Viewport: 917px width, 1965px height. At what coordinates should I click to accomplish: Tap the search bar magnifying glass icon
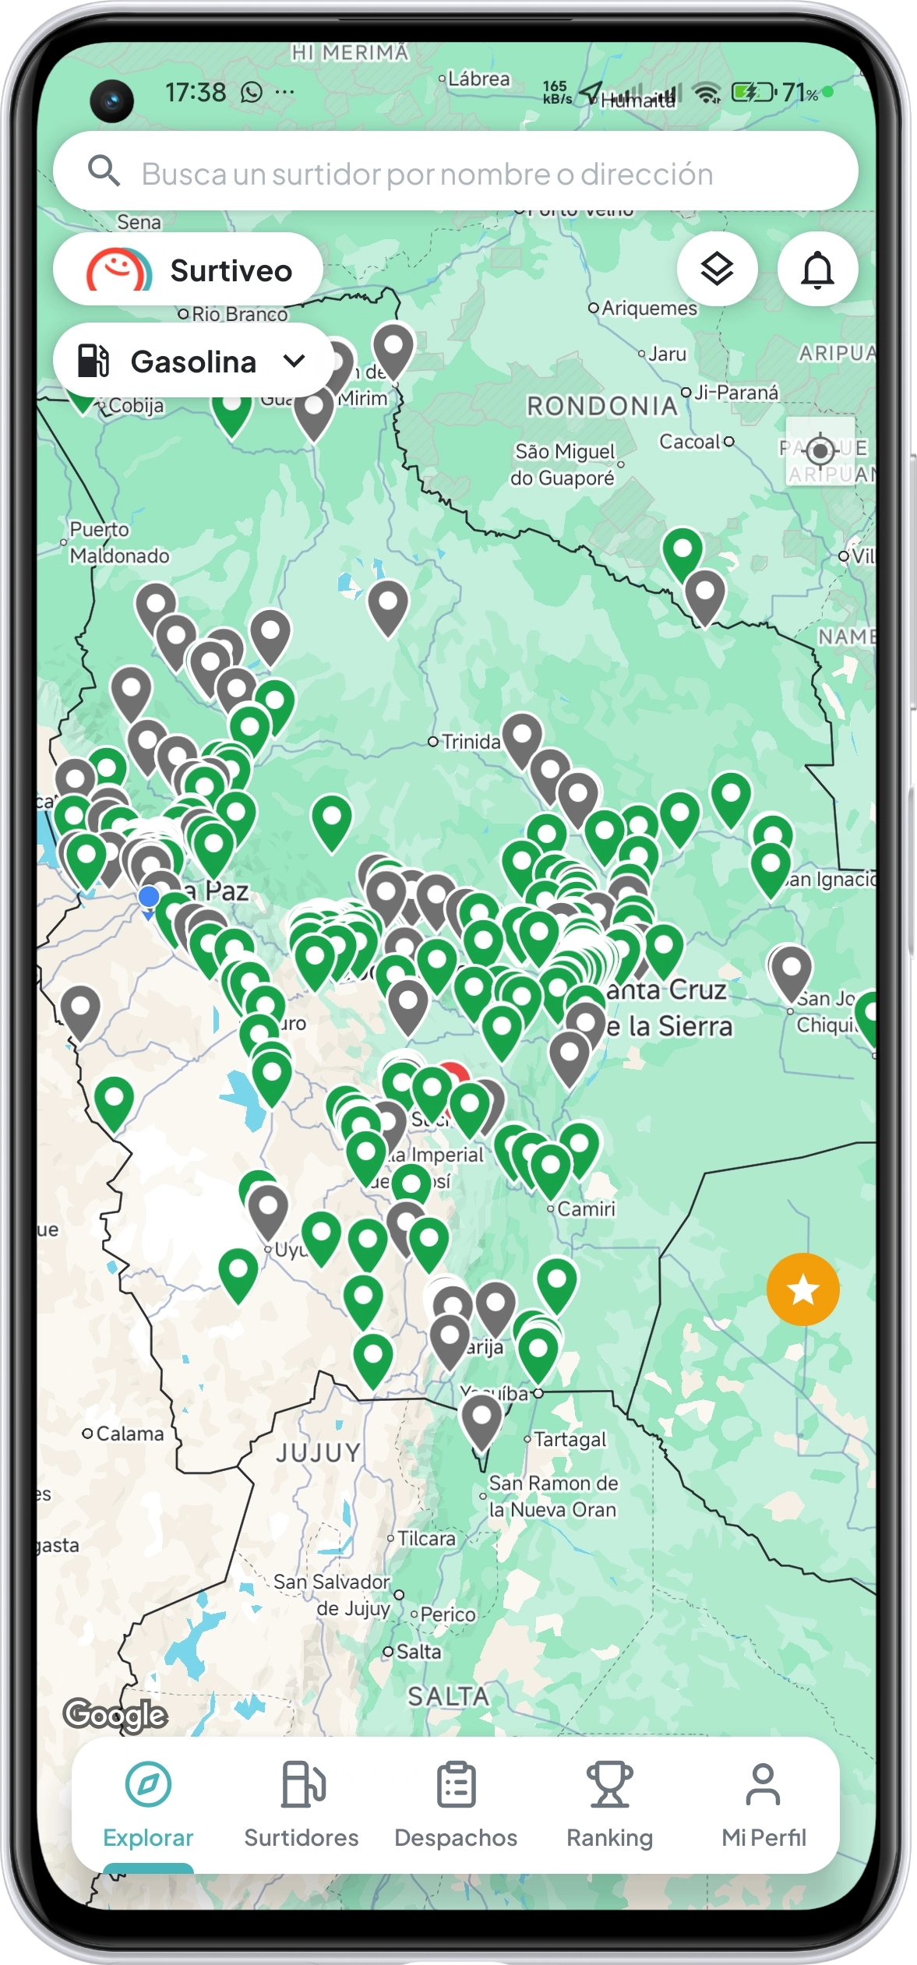(104, 171)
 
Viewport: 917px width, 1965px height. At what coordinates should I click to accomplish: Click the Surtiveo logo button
(188, 270)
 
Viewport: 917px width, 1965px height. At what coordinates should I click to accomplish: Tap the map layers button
(717, 270)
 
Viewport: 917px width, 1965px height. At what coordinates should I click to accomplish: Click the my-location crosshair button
(820, 450)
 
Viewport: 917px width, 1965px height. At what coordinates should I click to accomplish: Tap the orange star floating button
(802, 1289)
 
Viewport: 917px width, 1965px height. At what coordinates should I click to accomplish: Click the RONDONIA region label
(602, 406)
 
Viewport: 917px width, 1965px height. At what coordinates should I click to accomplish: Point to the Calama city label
(129, 1434)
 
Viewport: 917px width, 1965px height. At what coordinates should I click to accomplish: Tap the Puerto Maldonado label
(118, 542)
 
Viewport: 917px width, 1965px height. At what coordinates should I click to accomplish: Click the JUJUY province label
(319, 1452)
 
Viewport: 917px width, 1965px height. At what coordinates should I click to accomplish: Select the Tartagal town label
(570, 1439)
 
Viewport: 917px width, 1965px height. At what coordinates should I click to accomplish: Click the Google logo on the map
(115, 1715)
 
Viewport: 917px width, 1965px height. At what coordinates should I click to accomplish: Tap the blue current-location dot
(149, 897)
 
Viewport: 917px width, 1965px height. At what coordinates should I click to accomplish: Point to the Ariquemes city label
(649, 309)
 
